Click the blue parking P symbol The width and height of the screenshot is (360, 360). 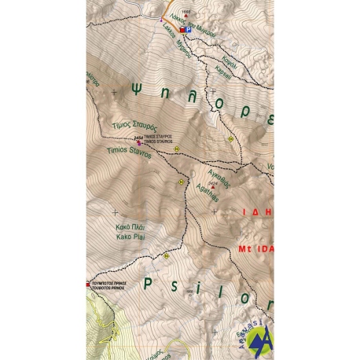[x=189, y=30]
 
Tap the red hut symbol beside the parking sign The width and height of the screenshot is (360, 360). [x=182, y=30]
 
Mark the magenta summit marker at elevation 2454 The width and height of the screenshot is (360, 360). [x=139, y=142]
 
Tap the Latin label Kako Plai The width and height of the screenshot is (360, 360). [x=128, y=236]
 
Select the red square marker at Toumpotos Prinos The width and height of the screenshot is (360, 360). [x=89, y=284]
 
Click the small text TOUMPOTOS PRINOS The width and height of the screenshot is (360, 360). [x=109, y=288]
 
